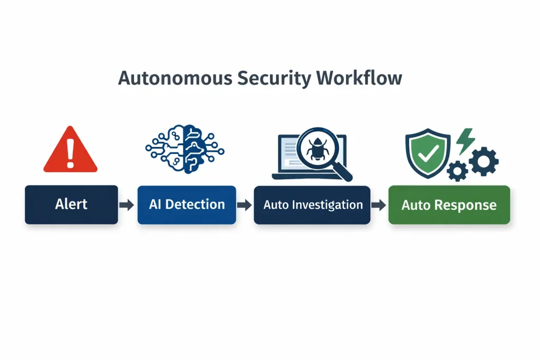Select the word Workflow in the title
(x=359, y=78)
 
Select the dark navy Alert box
(x=71, y=205)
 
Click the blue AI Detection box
(x=187, y=205)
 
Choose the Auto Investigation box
(x=313, y=205)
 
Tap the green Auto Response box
(x=449, y=205)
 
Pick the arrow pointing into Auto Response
(x=378, y=205)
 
